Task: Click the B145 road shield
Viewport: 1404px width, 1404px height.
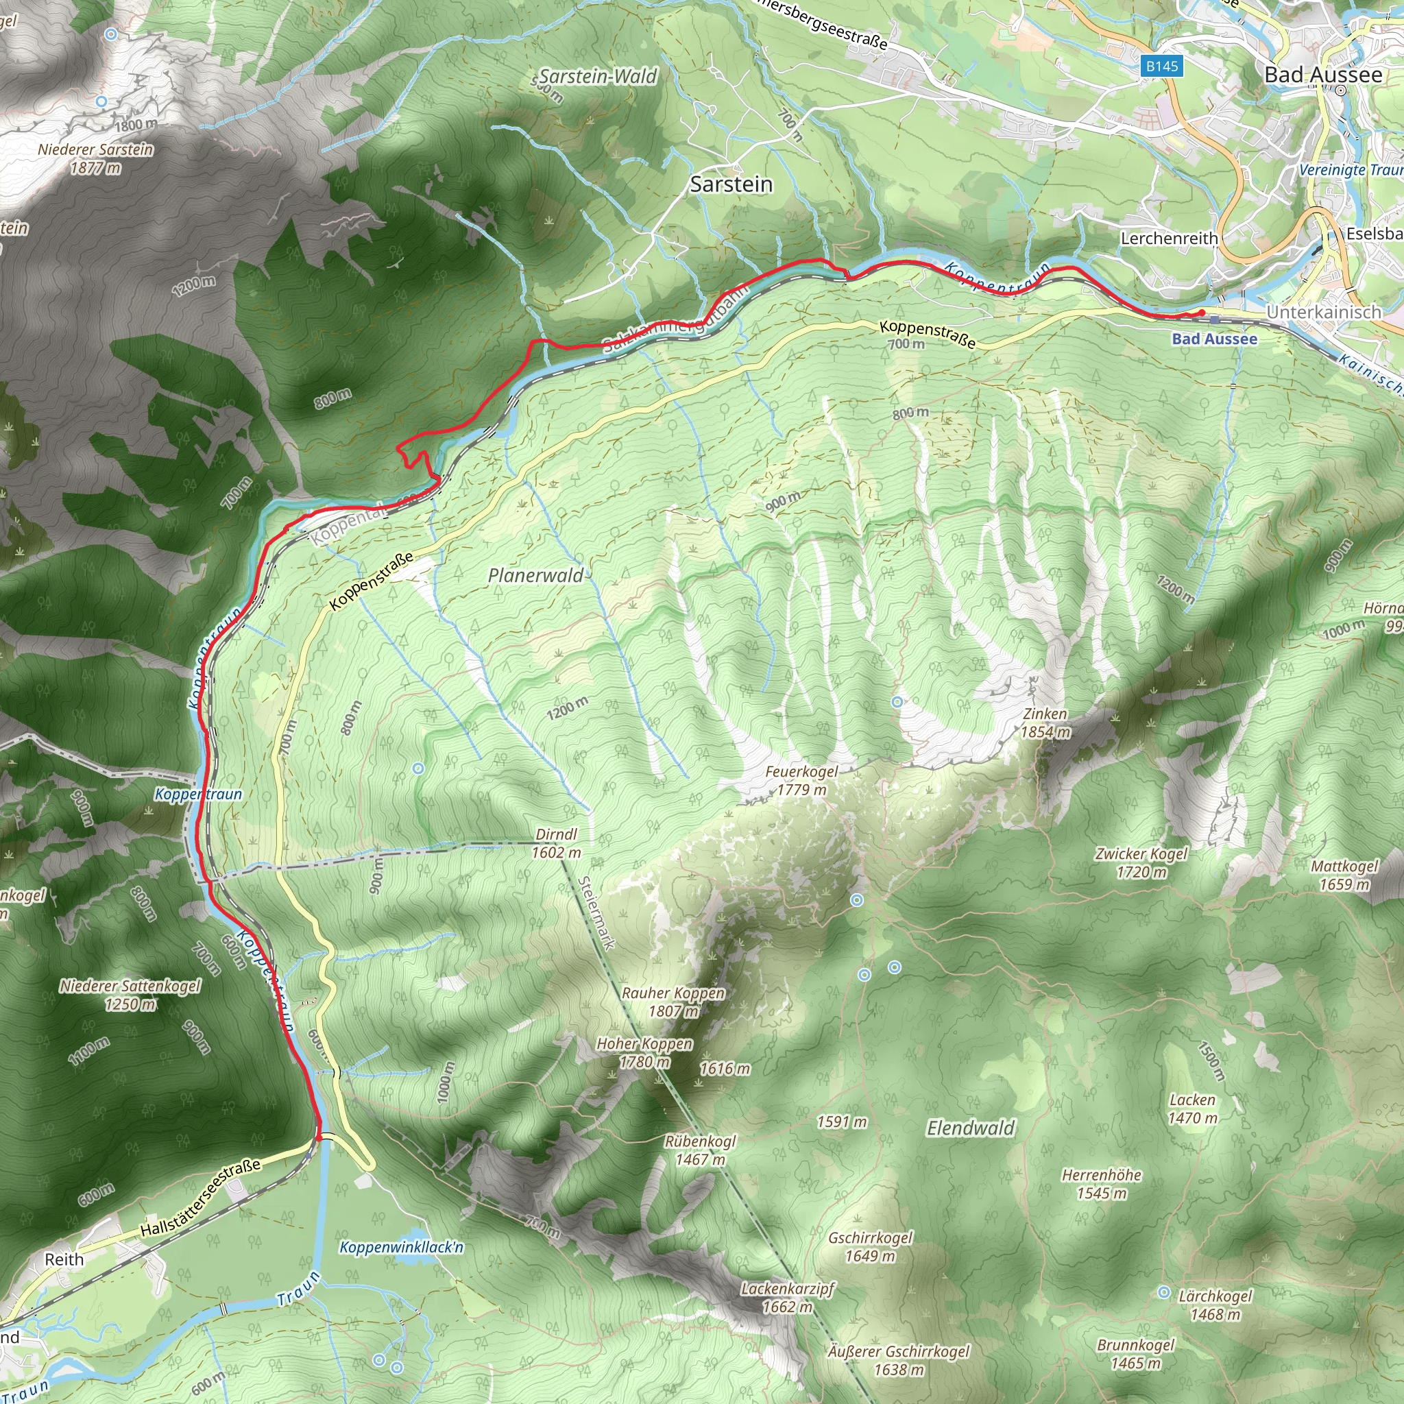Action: click(x=1161, y=66)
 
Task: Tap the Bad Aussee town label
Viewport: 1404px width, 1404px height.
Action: click(x=1322, y=75)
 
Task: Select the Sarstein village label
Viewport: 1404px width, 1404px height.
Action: click(x=731, y=184)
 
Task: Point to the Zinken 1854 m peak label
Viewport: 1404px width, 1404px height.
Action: click(x=1045, y=723)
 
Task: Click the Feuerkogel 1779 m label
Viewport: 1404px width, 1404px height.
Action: click(x=801, y=780)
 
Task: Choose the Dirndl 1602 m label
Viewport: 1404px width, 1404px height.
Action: click(x=557, y=843)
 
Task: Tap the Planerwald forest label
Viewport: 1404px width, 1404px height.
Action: click(x=535, y=576)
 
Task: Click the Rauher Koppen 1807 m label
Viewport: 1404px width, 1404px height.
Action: click(x=674, y=1002)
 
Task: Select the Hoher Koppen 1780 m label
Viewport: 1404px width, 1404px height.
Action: click(x=644, y=1052)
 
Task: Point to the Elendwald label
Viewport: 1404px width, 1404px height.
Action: click(x=971, y=1128)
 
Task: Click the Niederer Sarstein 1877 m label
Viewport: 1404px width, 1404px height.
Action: click(x=96, y=158)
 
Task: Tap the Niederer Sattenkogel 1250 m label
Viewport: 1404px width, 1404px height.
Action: click(x=130, y=995)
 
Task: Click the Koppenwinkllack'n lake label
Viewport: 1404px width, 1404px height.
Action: click(x=401, y=1247)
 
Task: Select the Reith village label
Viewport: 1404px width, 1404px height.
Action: click(x=64, y=1259)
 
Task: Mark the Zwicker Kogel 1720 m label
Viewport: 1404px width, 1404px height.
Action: click(x=1141, y=862)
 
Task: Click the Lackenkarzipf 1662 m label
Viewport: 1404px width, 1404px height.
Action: click(x=787, y=1298)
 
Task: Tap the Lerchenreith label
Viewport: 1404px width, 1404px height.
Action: click(x=1169, y=239)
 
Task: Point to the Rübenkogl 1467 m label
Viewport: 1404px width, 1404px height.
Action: click(x=700, y=1150)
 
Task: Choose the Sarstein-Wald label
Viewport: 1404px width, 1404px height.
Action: click(x=598, y=77)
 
